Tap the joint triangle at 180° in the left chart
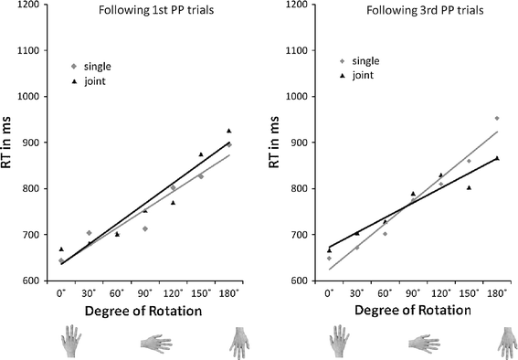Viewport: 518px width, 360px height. pyautogui.click(x=229, y=131)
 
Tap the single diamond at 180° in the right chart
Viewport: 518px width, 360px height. pyautogui.click(x=497, y=118)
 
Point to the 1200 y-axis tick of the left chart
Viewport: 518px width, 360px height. pyautogui.click(x=29, y=5)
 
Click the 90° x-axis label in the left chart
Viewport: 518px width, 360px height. pyautogui.click(x=145, y=294)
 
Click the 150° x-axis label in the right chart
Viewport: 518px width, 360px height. pyautogui.click(x=469, y=294)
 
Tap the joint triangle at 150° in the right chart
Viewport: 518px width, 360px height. pyautogui.click(x=469, y=187)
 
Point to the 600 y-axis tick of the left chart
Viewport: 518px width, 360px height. pyautogui.click(x=32, y=281)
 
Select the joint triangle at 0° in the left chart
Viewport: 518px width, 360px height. pyautogui.click(x=61, y=249)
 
